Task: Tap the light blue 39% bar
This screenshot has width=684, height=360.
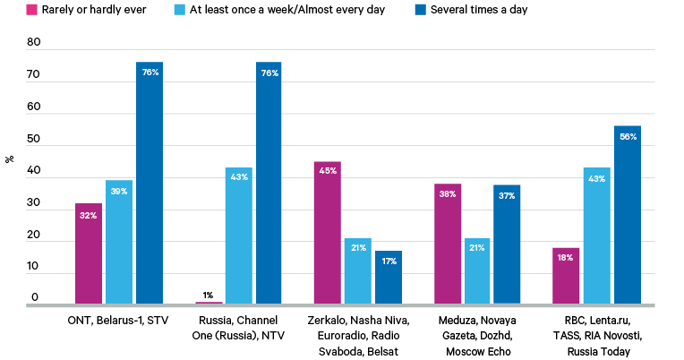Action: tap(118, 242)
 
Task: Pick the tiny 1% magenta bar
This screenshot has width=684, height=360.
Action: tap(209, 303)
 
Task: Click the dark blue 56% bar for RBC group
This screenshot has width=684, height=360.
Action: tap(627, 215)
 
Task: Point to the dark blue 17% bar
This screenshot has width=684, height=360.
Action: tap(388, 278)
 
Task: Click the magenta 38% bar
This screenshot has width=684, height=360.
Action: tap(447, 244)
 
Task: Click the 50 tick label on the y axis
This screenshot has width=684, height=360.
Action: tap(33, 139)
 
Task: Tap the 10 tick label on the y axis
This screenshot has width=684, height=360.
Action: tap(33, 266)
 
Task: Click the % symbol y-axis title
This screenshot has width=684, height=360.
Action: tap(9, 159)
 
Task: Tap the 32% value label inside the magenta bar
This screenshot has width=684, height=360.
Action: tap(88, 215)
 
